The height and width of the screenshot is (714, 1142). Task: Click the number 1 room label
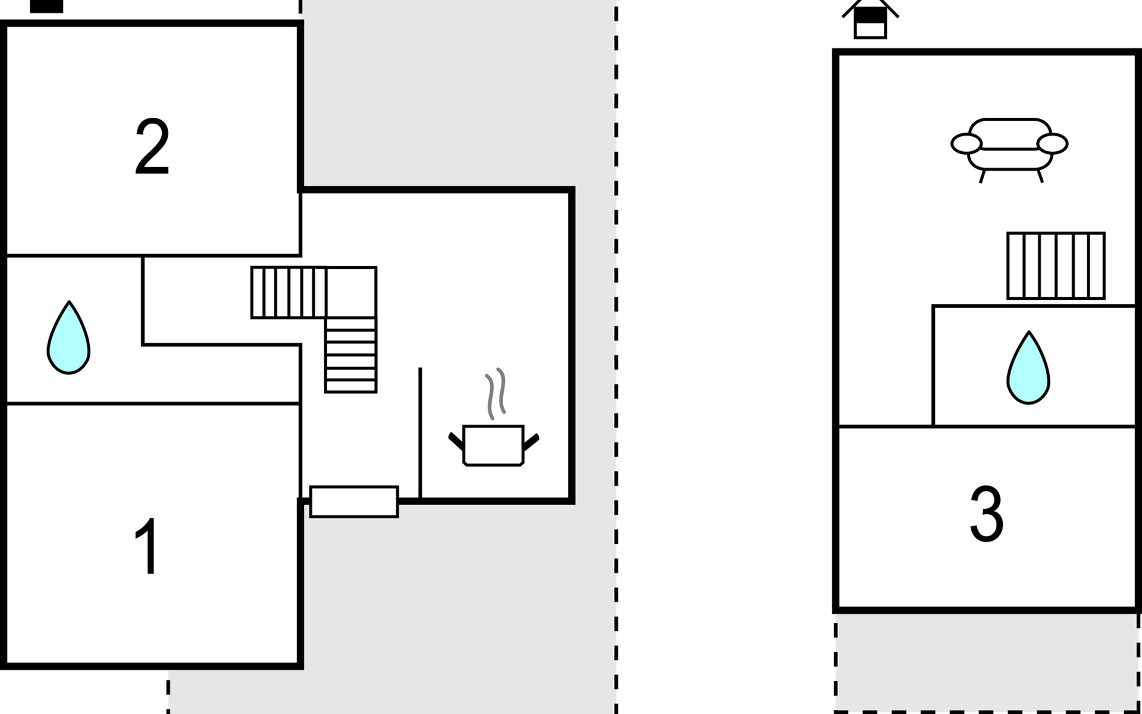pyautogui.click(x=147, y=546)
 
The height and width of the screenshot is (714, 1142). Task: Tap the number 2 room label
pyautogui.click(x=152, y=146)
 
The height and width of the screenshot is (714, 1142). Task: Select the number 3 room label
pyautogui.click(x=986, y=514)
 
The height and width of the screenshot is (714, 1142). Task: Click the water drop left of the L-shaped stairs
pyautogui.click(x=68, y=339)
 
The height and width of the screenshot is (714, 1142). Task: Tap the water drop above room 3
pyautogui.click(x=1028, y=369)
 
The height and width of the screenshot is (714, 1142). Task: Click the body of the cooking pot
pyautogui.click(x=493, y=445)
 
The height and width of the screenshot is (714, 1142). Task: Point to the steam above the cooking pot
pyautogui.click(x=495, y=393)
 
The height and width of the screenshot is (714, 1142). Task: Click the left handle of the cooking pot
pyautogui.click(x=456, y=441)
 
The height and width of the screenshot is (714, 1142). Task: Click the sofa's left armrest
pyautogui.click(x=966, y=143)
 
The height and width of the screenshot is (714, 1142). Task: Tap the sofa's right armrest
pyautogui.click(x=1053, y=143)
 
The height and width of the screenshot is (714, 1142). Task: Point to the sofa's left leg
pyautogui.click(x=983, y=176)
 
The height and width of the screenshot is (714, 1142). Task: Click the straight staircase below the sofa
pyautogui.click(x=1056, y=265)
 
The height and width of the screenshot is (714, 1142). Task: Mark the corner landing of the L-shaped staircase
pyautogui.click(x=352, y=292)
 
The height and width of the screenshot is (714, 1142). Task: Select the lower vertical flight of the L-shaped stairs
pyautogui.click(x=351, y=355)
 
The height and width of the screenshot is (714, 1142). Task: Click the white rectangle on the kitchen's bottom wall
pyautogui.click(x=354, y=502)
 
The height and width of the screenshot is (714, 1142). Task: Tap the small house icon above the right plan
pyautogui.click(x=870, y=20)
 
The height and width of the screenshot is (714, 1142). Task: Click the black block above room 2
pyautogui.click(x=46, y=6)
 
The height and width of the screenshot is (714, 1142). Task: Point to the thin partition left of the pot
pyautogui.click(x=420, y=433)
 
